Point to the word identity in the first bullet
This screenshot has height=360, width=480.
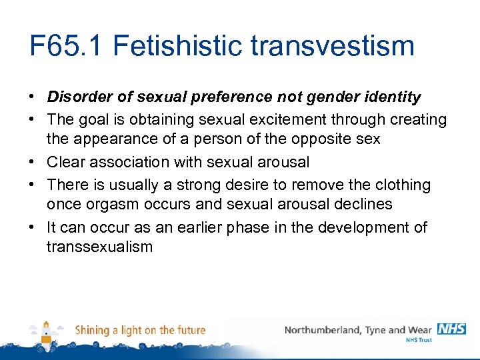(x=395, y=97)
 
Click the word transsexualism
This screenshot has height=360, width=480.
(x=99, y=247)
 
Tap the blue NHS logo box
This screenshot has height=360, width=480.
(x=451, y=329)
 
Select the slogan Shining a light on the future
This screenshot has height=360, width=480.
(x=140, y=330)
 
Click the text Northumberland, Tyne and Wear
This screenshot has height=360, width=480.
(x=359, y=330)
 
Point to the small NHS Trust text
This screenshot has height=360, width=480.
(x=419, y=340)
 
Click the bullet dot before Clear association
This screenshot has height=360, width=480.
(x=33, y=162)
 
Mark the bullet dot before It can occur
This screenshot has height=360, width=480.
(x=33, y=227)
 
